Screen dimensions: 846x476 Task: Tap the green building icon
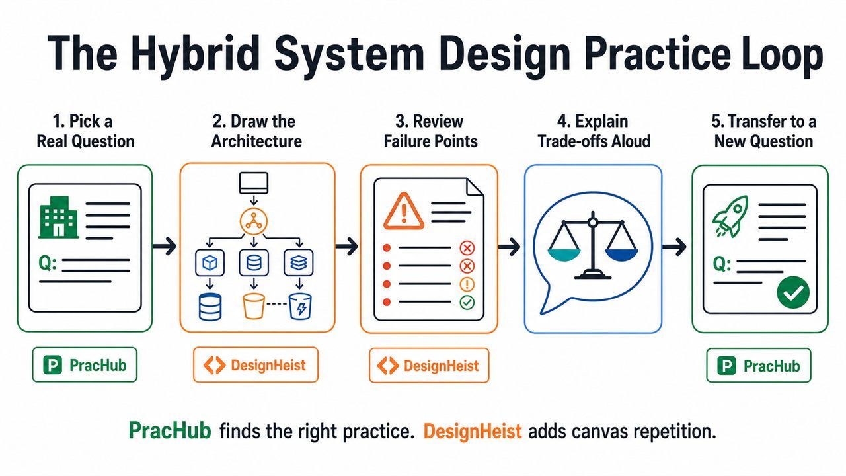click(59, 218)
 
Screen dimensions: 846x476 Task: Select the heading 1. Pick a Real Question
click(85, 132)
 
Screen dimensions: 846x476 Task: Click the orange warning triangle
click(403, 211)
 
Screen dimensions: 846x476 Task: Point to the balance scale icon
click(593, 245)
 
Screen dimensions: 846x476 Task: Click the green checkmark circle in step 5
click(793, 292)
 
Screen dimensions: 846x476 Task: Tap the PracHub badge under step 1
click(85, 365)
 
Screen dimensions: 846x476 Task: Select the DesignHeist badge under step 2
click(256, 365)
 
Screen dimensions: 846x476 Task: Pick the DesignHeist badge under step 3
click(429, 366)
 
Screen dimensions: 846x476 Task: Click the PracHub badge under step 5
click(759, 366)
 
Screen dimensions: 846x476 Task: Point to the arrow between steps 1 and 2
click(165, 247)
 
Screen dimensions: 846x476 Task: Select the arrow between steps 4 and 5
click(674, 247)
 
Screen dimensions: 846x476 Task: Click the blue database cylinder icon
click(210, 307)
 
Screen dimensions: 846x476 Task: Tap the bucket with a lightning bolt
click(300, 306)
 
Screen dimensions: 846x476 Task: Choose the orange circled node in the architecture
click(254, 221)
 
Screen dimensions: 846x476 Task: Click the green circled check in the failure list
click(467, 302)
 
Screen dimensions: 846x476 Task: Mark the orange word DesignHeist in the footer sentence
click(473, 431)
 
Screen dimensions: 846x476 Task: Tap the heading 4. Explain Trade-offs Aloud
click(594, 132)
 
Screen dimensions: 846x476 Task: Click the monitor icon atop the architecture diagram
click(254, 183)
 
